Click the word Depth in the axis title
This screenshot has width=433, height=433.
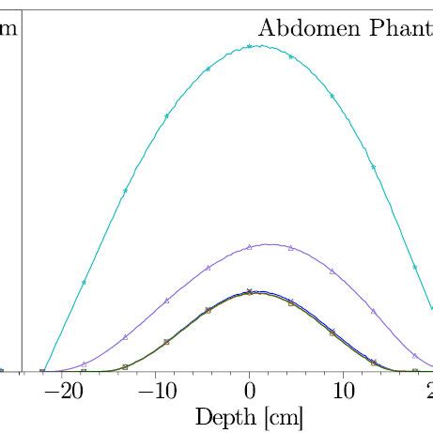pos(221,415)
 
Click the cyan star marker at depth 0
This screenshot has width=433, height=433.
pos(249,45)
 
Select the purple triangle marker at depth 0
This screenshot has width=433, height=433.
pos(249,247)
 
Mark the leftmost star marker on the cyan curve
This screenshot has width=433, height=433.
pos(84,282)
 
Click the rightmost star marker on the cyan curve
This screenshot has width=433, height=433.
pos(415,267)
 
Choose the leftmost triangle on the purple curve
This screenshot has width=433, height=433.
pos(84,363)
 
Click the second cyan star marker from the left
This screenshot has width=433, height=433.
pos(125,191)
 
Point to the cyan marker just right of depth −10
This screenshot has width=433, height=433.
pos(166,116)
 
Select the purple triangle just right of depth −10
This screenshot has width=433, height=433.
pos(166,301)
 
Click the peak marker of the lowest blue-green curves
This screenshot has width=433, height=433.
pos(249,292)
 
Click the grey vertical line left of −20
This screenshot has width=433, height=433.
pos(22,188)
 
